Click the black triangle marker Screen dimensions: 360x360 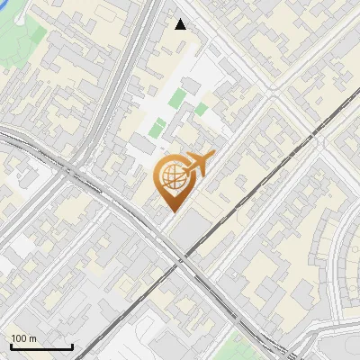[x=181, y=24]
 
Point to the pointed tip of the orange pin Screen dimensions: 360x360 [x=172, y=211]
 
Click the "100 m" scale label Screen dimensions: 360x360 [x=23, y=338]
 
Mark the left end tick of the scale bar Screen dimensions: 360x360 [x=11, y=346]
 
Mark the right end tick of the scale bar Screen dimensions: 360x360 [x=72, y=346]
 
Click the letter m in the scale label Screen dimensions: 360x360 [x=32, y=338]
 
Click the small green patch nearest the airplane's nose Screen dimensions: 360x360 [x=202, y=109]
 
